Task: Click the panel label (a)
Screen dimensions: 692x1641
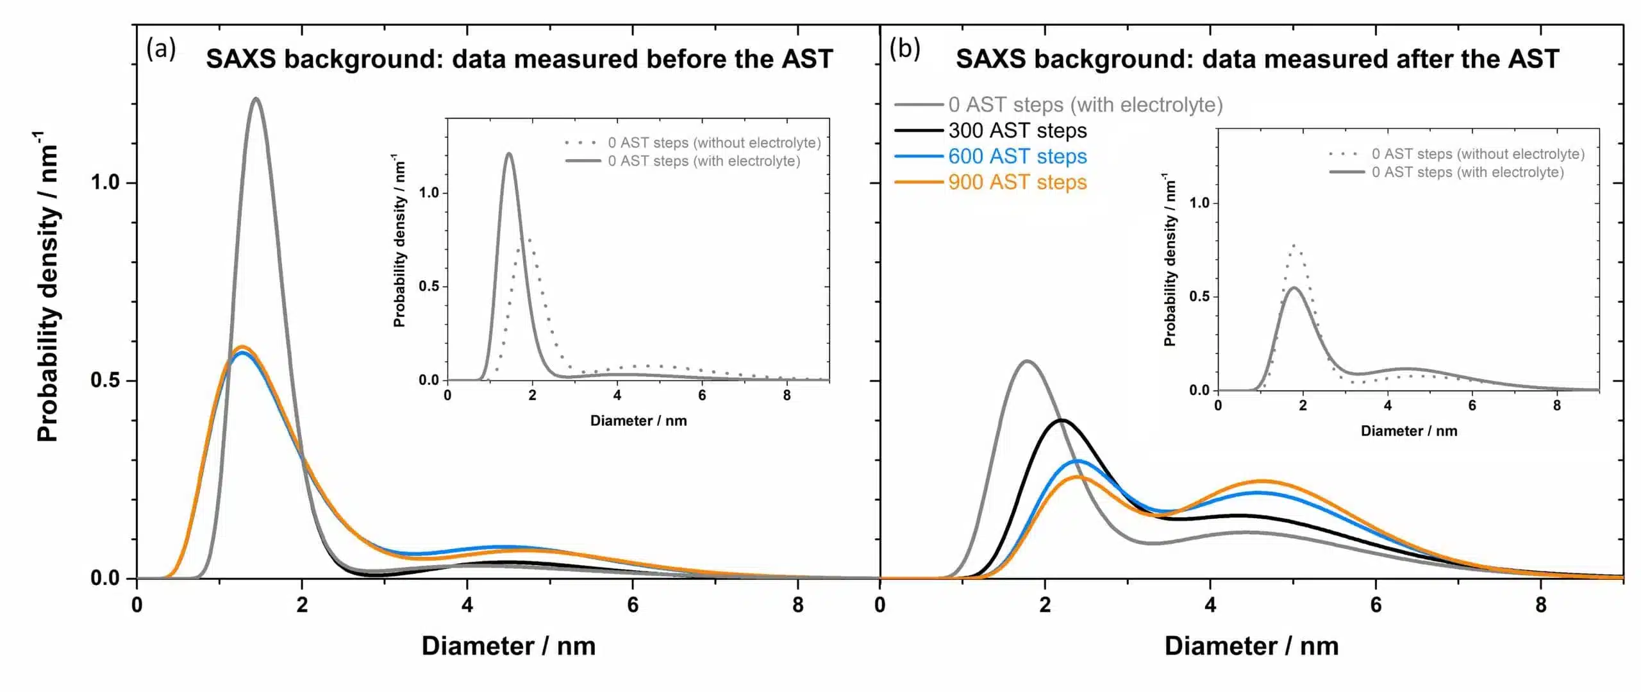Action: click(161, 49)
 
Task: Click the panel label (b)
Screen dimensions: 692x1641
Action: click(904, 49)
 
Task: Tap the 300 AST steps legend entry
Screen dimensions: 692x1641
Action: click(1017, 131)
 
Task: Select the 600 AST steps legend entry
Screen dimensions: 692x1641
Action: click(1017, 156)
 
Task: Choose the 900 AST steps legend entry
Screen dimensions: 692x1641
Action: click(1017, 182)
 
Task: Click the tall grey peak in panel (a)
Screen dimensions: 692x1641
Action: click(256, 99)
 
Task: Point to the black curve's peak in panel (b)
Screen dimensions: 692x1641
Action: click(1062, 420)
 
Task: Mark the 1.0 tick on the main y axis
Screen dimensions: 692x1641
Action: click(106, 183)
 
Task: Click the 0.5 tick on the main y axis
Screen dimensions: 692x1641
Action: click(106, 380)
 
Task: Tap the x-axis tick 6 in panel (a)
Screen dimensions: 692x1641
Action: click(633, 605)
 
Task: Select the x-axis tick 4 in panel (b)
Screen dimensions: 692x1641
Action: click(1210, 605)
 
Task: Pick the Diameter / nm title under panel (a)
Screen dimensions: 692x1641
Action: click(508, 646)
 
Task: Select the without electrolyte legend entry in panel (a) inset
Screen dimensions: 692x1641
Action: click(714, 142)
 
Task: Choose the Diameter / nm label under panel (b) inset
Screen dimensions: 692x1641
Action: click(1409, 431)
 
